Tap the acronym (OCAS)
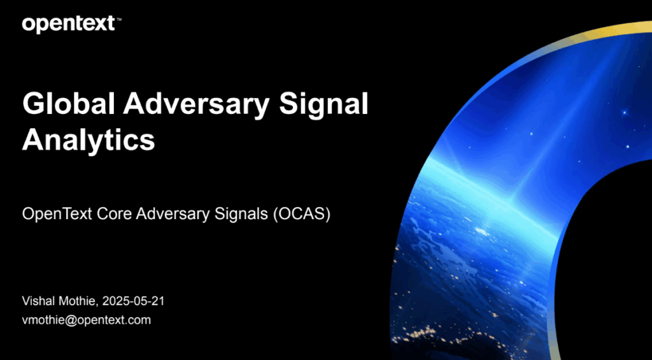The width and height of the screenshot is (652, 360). (301, 215)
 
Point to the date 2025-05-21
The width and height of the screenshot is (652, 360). (133, 301)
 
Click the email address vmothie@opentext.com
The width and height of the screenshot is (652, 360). (87, 320)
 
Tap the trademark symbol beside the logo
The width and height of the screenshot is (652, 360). (119, 19)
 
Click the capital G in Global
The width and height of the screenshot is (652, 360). (33, 104)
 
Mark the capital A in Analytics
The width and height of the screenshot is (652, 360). (34, 139)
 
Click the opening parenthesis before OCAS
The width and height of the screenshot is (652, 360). (275, 215)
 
